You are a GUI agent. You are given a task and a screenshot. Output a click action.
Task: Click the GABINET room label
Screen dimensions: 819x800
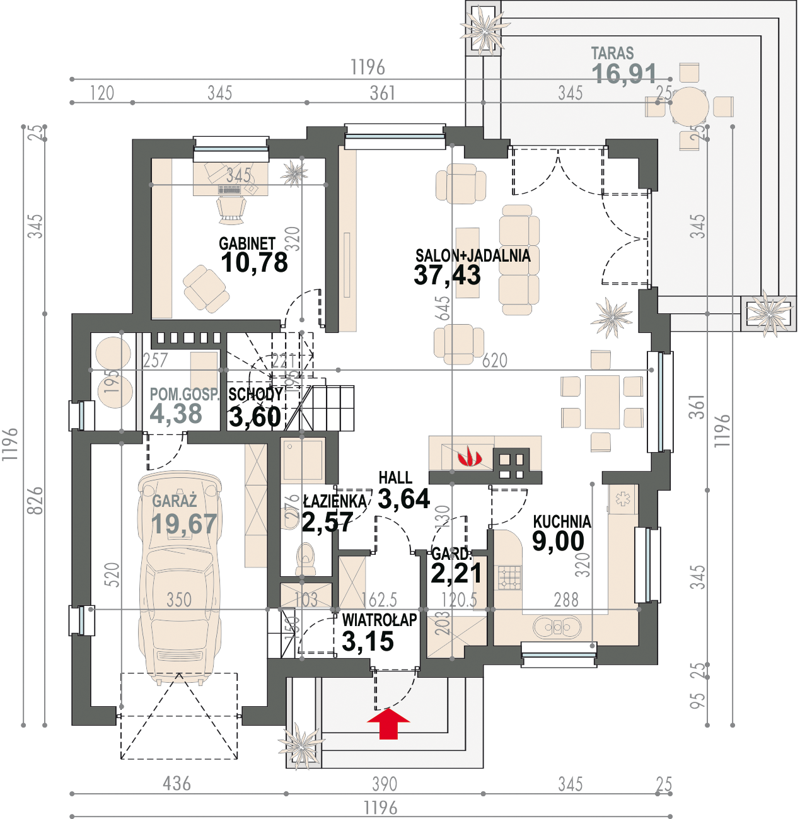pyautogui.click(x=247, y=243)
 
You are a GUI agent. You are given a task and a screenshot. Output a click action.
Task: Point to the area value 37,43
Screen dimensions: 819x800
pyautogui.click(x=447, y=275)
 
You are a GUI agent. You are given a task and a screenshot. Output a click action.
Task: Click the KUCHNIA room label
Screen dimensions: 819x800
pyautogui.click(x=562, y=521)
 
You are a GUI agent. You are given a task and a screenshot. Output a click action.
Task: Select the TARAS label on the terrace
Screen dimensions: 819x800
pyautogui.click(x=612, y=54)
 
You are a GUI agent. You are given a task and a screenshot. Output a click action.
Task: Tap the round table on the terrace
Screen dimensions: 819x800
pyautogui.click(x=689, y=107)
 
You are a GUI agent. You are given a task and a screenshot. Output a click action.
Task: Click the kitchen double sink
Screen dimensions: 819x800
pyautogui.click(x=556, y=627)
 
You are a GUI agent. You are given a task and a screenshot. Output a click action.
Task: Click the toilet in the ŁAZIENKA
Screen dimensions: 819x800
pyautogui.click(x=306, y=558)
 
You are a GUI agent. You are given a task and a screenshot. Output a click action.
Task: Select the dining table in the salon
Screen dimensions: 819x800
pyautogui.click(x=602, y=402)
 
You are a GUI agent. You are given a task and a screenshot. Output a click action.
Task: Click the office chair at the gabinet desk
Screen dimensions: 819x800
pyautogui.click(x=230, y=209)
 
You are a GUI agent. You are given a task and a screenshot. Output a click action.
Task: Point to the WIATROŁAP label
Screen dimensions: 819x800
pyautogui.click(x=379, y=620)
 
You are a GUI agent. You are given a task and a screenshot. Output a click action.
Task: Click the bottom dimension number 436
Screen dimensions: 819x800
pyautogui.click(x=177, y=784)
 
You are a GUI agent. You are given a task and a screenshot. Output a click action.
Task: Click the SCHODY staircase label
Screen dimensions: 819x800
pyautogui.click(x=255, y=394)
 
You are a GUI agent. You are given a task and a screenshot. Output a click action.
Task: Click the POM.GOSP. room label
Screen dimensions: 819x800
pyautogui.click(x=184, y=395)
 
